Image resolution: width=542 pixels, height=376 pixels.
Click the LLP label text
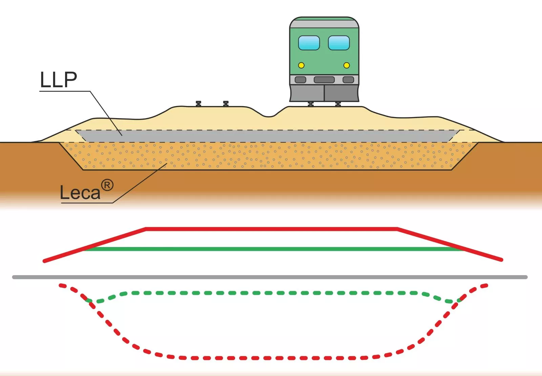tap(58, 80)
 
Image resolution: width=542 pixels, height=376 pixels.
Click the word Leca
tap(80, 193)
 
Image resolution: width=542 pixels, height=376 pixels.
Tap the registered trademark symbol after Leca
tap(107, 185)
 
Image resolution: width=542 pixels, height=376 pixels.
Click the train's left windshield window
tap(309, 43)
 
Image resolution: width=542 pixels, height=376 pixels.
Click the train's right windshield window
tap(339, 43)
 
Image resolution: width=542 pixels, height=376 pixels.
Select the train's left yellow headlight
tap(301, 65)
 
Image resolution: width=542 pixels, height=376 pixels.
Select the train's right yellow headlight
tap(347, 65)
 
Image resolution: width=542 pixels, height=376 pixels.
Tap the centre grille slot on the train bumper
tap(324, 80)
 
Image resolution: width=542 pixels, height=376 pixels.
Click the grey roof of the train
tap(324, 22)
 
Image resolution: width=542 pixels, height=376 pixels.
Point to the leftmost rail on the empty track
tap(199, 104)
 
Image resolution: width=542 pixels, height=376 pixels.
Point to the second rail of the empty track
tap(226, 104)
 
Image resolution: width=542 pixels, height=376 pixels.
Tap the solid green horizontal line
tap(273, 249)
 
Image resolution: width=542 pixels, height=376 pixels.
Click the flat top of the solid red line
tap(271, 229)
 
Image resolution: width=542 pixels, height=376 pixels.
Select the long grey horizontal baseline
tap(270, 277)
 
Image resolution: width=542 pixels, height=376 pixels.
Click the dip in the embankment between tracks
tap(269, 116)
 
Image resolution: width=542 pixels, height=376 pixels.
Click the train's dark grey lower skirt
tap(324, 93)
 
